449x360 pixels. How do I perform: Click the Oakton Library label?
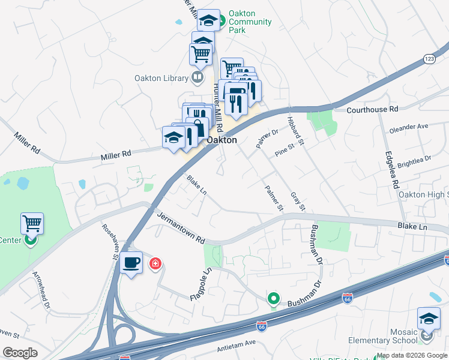tap(160, 78)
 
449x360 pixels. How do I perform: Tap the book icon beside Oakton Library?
tap(197, 77)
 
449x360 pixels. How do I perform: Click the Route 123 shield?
tap(429, 58)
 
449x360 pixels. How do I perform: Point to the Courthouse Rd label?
tap(373, 110)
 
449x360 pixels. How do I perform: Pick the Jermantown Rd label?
tap(181, 226)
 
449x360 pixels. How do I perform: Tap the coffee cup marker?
tap(131, 262)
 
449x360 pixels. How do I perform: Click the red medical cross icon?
tap(155, 263)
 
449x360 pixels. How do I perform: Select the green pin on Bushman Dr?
tap(274, 298)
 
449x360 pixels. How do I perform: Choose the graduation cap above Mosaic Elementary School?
tap(429, 318)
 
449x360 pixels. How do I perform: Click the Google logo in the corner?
tap(20, 352)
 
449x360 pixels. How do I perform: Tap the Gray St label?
tap(298, 202)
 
